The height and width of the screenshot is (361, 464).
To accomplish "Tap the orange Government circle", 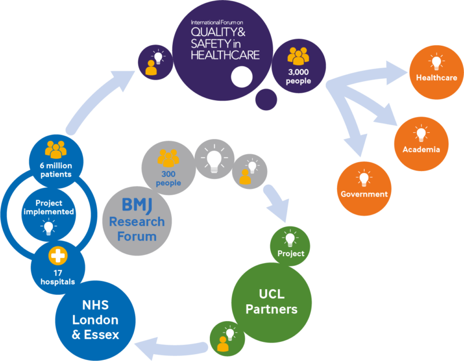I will [x=364, y=185].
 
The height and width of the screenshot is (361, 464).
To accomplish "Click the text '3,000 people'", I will [x=299, y=76].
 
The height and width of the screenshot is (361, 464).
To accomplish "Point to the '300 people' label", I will [x=168, y=178].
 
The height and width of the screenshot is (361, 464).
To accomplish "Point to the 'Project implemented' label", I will [x=49, y=207].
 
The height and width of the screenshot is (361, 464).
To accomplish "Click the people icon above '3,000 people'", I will [x=299, y=56].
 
